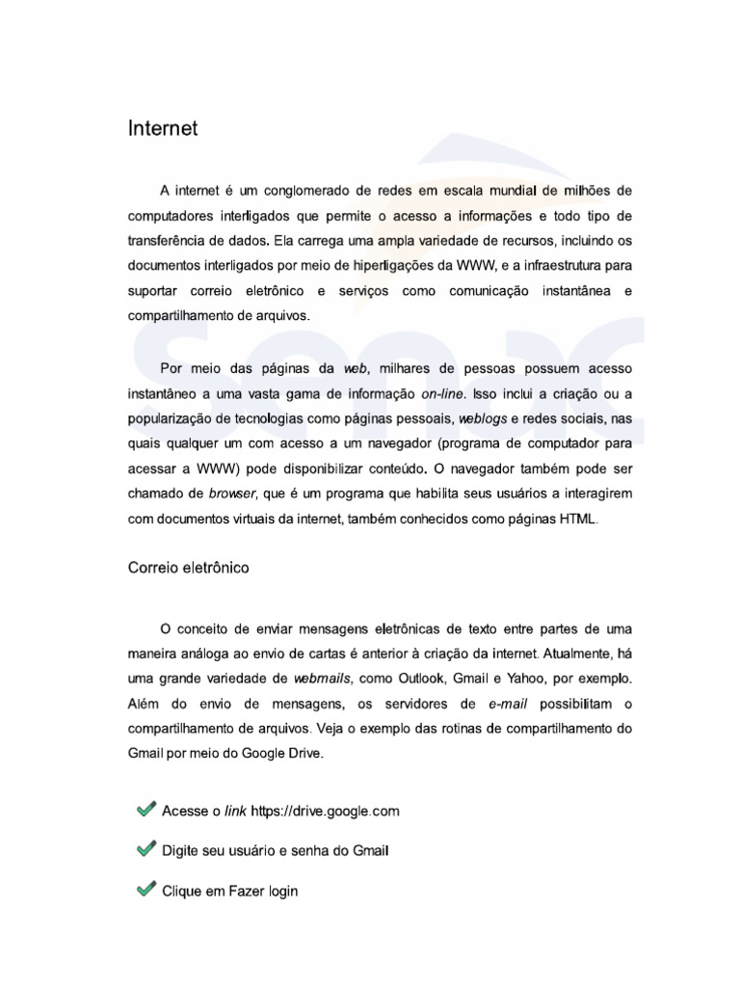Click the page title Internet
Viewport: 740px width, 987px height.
(x=163, y=128)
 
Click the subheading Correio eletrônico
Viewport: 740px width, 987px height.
(x=188, y=568)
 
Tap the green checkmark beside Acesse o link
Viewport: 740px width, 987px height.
(x=146, y=811)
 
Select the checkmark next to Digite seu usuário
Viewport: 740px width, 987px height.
(x=146, y=850)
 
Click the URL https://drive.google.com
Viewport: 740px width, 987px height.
(x=325, y=812)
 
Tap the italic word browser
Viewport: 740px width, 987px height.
(x=231, y=493)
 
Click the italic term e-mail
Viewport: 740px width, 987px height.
(x=504, y=704)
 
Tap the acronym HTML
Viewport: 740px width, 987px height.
(x=578, y=519)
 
